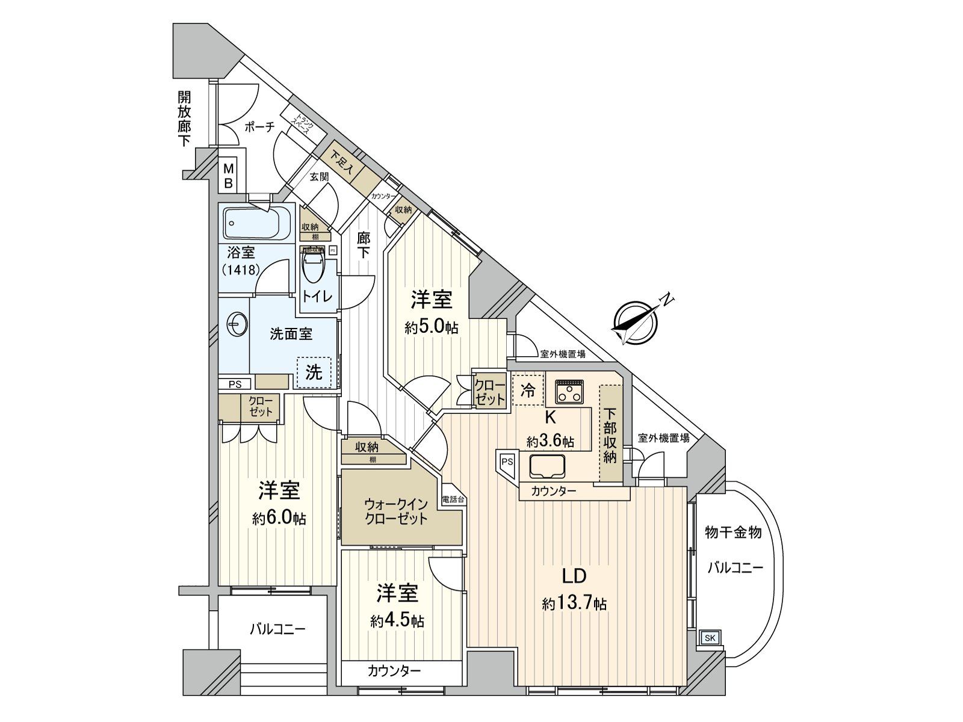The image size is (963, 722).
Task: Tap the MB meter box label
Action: click(x=228, y=176)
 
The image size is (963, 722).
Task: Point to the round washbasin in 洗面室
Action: click(x=235, y=327)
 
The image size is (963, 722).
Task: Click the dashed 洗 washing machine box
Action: click(x=314, y=372)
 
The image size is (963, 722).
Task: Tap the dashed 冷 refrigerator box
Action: click(x=527, y=390)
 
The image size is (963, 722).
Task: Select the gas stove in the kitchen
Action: click(x=569, y=391)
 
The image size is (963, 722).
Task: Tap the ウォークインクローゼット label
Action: click(x=396, y=511)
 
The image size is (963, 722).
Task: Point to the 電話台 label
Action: click(x=453, y=499)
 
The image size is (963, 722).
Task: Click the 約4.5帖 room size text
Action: click(x=397, y=621)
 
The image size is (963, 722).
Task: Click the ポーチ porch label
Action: click(x=259, y=127)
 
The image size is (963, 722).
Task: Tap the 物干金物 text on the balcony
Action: click(x=733, y=532)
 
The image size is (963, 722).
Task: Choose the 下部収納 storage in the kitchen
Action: click(x=610, y=436)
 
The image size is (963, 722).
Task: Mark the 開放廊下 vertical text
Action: click(x=184, y=119)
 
